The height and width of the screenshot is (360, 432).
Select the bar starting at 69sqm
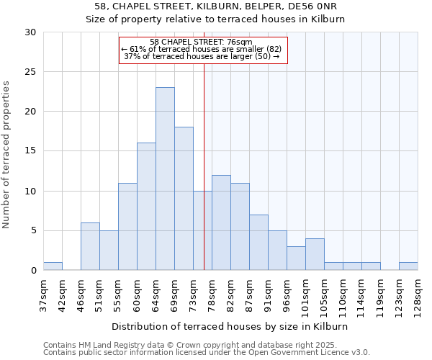(184, 199)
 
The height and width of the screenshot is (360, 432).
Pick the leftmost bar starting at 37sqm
(53, 266)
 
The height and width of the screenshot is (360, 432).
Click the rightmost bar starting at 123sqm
(408, 266)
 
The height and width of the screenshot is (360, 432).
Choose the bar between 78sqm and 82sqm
(221, 222)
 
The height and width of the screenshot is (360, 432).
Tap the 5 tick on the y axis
(33, 230)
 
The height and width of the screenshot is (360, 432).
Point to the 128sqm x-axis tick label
(418, 293)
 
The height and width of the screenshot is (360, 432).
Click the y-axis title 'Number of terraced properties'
(7, 154)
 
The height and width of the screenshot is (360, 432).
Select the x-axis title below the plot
(230, 326)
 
